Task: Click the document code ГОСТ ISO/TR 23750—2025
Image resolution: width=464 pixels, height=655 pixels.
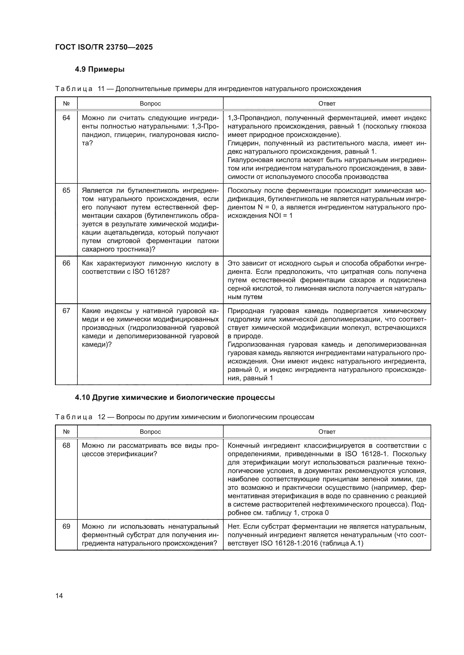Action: click(104, 47)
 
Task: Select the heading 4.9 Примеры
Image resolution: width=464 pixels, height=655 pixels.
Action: click(99, 69)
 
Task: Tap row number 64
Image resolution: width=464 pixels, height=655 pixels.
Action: click(66, 118)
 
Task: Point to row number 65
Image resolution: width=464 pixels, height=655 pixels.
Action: click(66, 190)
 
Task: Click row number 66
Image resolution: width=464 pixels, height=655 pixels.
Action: click(66, 263)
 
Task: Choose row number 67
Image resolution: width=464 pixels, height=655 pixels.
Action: click(66, 311)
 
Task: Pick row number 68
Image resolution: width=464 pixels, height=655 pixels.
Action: click(66, 445)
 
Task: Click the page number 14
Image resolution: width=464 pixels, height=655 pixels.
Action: click(59, 596)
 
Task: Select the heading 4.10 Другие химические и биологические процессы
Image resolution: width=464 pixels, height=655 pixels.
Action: click(174, 397)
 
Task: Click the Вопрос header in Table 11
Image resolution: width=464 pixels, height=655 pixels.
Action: click(150, 104)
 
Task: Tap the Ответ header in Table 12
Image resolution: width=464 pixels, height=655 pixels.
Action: click(327, 432)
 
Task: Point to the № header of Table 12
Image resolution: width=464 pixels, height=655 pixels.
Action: click(66, 432)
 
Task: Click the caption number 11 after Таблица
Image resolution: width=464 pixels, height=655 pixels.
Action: click(101, 89)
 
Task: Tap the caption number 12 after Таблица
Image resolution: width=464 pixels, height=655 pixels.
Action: click(102, 417)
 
